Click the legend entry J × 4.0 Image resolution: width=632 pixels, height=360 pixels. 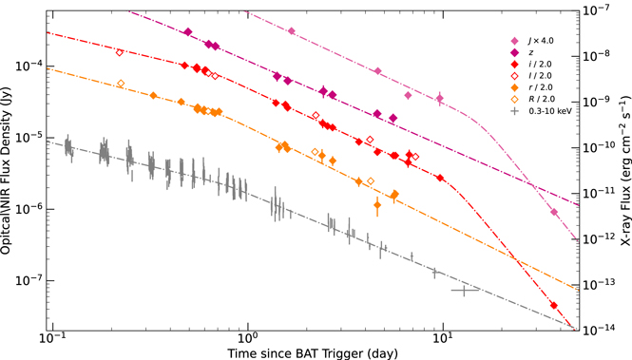(x=536, y=41)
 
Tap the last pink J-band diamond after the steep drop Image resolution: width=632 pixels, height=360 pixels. (x=553, y=213)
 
